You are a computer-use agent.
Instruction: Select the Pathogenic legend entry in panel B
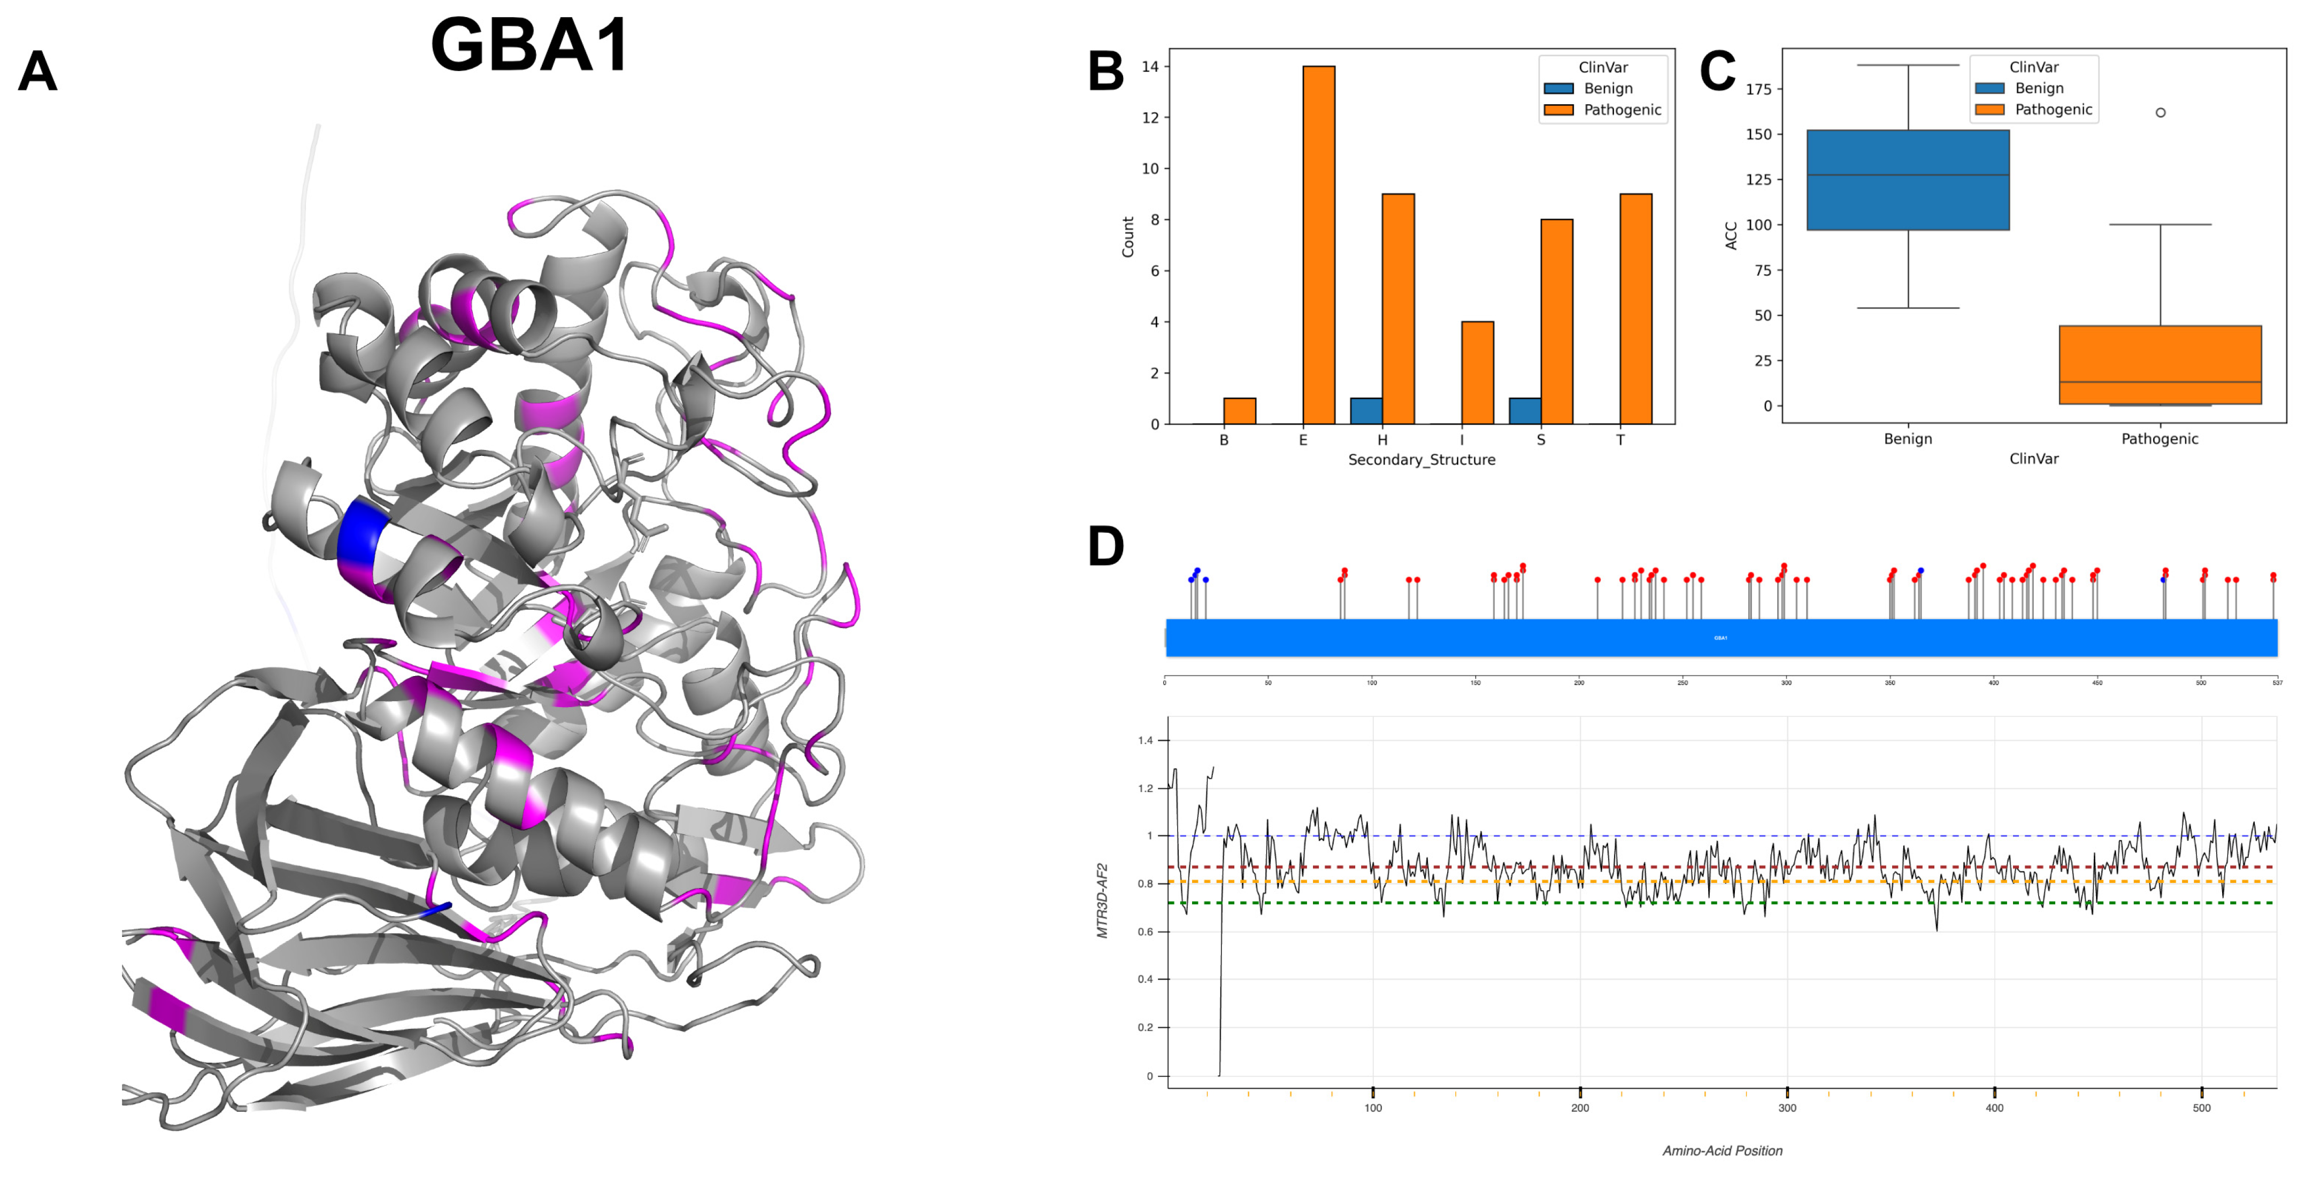point(1622,110)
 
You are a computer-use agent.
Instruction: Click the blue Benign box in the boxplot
point(1908,180)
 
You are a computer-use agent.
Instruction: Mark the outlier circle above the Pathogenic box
point(2160,113)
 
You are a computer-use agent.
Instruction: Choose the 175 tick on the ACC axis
point(1758,89)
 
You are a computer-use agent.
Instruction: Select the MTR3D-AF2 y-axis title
point(1102,900)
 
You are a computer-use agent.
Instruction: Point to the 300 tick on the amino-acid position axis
point(1787,1107)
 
